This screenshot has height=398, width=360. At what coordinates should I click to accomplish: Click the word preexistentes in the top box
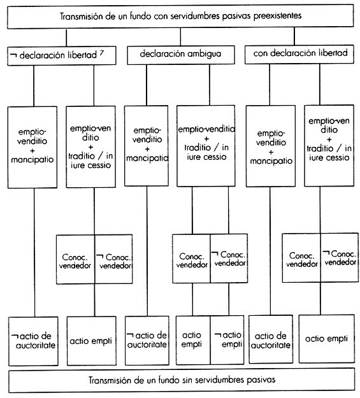click(277, 16)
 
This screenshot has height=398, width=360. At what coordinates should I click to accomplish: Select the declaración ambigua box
click(180, 55)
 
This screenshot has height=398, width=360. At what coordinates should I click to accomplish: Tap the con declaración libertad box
click(299, 54)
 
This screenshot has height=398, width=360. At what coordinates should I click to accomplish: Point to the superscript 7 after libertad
click(101, 53)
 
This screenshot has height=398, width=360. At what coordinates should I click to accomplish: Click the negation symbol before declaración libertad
click(13, 55)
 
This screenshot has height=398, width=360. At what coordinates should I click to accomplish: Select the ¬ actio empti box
click(227, 340)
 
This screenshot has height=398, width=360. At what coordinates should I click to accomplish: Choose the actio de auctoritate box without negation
click(271, 339)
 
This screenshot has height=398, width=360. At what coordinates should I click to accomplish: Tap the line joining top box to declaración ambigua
click(180, 36)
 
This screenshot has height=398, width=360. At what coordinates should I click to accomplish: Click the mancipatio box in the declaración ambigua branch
click(147, 146)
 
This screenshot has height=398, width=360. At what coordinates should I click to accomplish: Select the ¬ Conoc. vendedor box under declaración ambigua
click(229, 259)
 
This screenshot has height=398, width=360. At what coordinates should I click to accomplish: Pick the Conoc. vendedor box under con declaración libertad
click(301, 258)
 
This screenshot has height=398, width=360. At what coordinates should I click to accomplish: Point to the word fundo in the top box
click(140, 16)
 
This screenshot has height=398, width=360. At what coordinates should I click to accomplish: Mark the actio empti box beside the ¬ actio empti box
click(193, 340)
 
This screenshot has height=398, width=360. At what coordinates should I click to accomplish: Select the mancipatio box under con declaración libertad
click(271, 146)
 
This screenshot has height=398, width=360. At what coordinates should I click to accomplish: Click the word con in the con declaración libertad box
click(260, 53)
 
